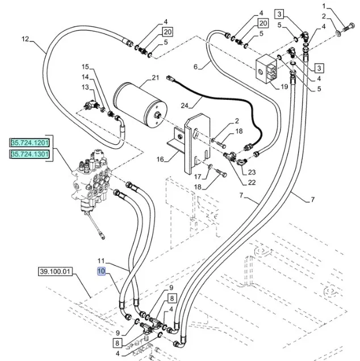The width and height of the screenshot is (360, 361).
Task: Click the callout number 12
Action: (x=24, y=39)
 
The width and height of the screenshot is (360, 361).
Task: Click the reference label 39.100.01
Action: (x=56, y=271)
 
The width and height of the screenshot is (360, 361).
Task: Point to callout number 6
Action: (x=196, y=67)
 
